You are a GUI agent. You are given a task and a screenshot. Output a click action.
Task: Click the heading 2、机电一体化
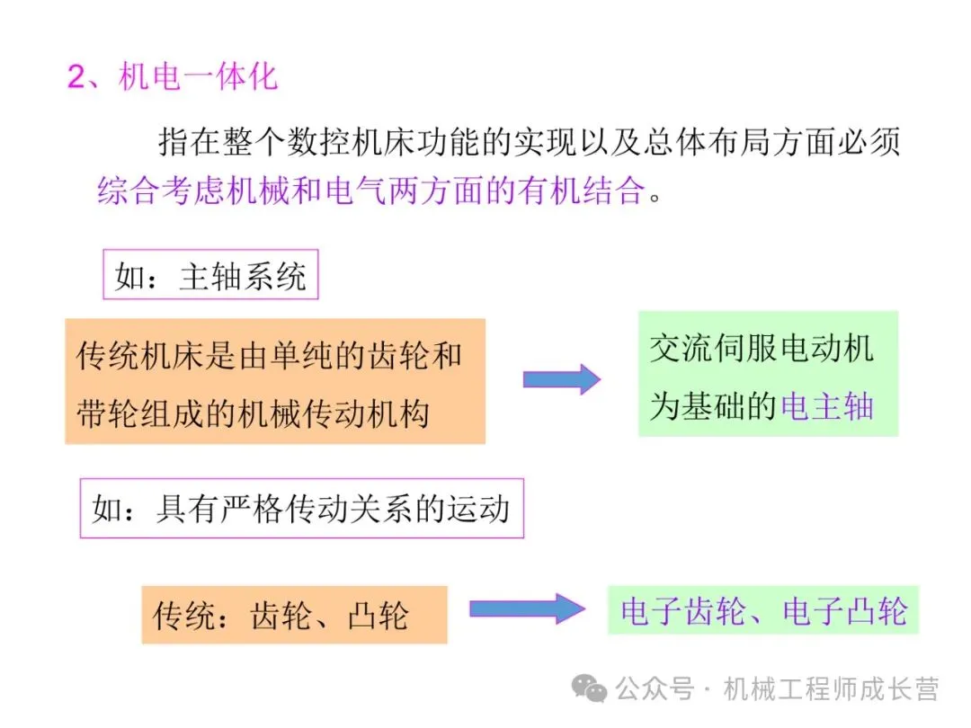click(x=173, y=77)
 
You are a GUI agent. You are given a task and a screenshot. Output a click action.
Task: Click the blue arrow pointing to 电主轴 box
click(x=561, y=379)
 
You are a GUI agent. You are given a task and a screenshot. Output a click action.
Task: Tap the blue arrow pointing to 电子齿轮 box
click(x=527, y=608)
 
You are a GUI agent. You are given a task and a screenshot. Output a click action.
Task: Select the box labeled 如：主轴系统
click(x=210, y=276)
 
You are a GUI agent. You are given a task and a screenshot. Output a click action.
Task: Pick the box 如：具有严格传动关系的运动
click(x=301, y=510)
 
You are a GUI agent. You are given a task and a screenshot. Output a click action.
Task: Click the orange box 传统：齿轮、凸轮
click(x=293, y=616)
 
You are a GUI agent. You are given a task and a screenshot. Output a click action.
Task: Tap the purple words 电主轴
click(x=827, y=406)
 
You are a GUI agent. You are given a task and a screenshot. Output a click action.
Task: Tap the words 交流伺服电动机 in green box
click(x=762, y=349)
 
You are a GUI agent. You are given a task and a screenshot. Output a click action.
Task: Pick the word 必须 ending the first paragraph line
click(x=870, y=142)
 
